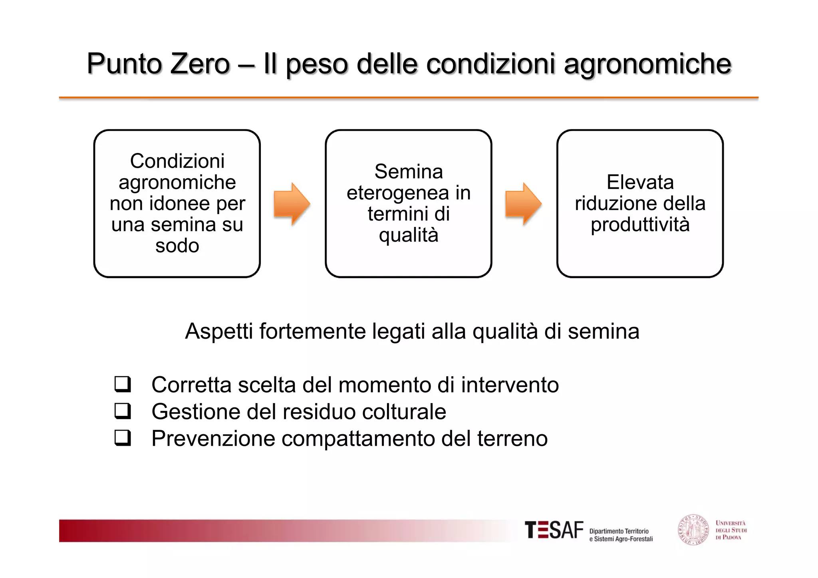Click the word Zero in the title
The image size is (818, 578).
(200, 64)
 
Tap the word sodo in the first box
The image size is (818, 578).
(177, 246)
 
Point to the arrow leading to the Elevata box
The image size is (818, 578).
(523, 204)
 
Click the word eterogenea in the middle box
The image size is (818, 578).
(397, 193)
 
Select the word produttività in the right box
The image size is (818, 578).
(640, 224)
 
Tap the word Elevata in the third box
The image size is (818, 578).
(640, 182)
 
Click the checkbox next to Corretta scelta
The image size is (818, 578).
(123, 384)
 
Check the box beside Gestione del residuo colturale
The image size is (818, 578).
(123, 411)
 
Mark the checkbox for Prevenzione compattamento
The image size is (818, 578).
(123, 438)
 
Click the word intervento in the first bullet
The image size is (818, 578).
(510, 385)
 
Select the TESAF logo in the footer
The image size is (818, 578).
(554, 530)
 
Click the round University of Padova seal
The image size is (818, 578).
(693, 530)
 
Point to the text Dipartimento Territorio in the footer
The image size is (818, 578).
(619, 531)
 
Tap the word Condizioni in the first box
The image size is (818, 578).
(177, 161)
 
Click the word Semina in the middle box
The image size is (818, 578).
(409, 172)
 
